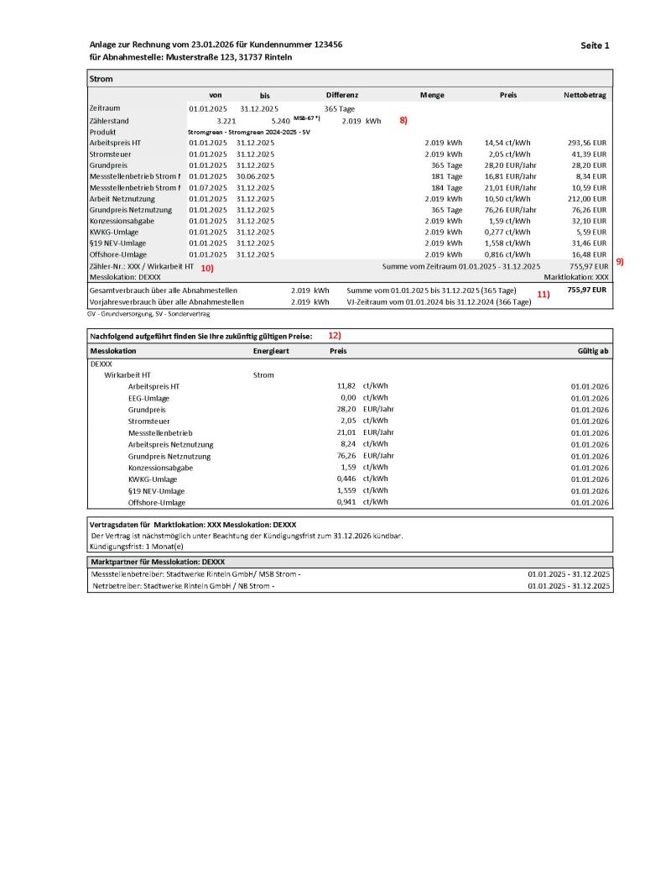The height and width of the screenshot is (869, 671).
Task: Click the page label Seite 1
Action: click(595, 44)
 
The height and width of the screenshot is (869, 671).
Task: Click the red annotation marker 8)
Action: click(403, 121)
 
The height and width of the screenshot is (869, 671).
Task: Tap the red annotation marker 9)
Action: click(620, 261)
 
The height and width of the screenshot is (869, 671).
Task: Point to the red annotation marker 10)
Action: click(206, 268)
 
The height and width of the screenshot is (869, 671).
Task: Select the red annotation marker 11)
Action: click(543, 295)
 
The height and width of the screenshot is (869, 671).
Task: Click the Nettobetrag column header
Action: click(585, 96)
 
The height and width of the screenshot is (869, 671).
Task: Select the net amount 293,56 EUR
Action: click(586, 143)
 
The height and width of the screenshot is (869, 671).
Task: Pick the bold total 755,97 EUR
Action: click(586, 289)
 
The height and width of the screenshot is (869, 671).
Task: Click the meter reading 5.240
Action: click(280, 121)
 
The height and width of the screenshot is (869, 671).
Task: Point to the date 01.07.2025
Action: click(207, 187)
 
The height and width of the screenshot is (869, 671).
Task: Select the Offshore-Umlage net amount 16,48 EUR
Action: click(588, 254)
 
